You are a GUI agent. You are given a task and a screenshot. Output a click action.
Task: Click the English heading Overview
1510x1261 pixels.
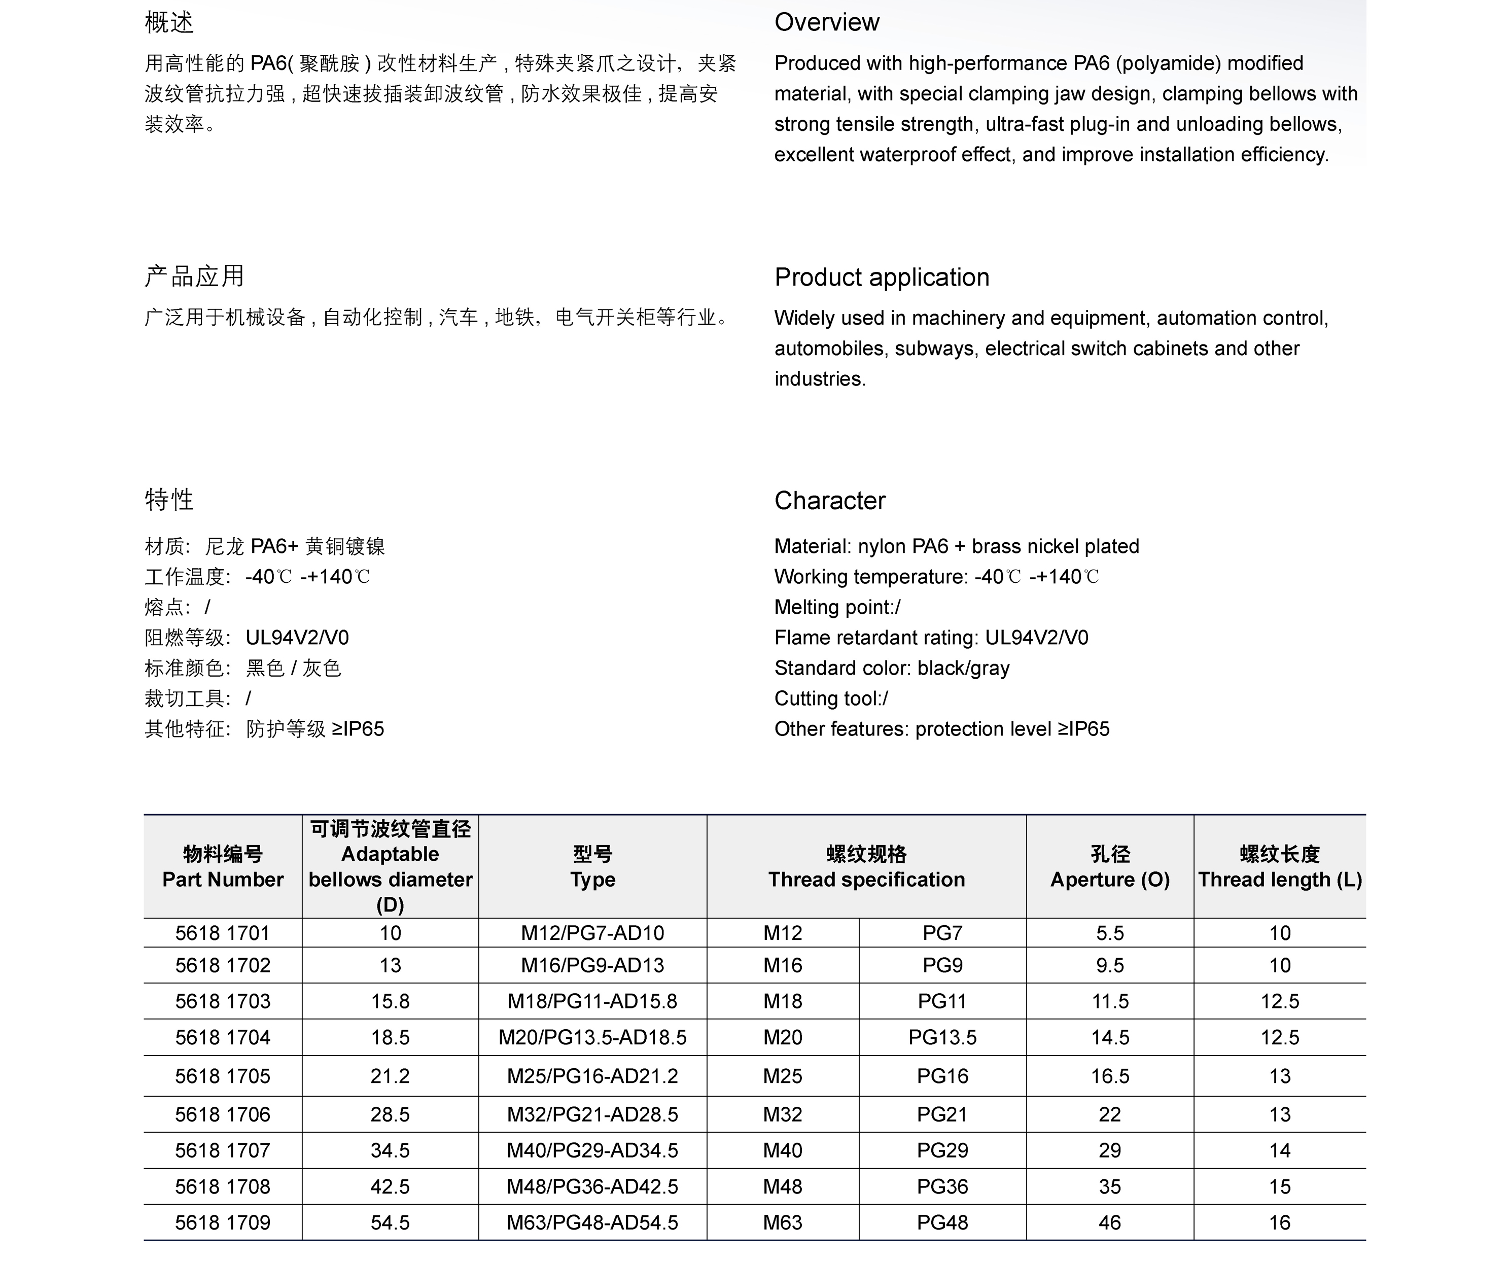[x=826, y=22]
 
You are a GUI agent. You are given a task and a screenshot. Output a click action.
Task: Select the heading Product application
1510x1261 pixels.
[x=882, y=277]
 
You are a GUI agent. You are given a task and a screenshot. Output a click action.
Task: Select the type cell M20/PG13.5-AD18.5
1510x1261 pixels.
[x=592, y=1037]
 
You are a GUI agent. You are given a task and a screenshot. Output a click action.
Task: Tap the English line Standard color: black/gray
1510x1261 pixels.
[x=892, y=668]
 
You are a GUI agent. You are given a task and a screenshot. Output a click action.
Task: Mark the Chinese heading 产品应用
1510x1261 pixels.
[x=194, y=276]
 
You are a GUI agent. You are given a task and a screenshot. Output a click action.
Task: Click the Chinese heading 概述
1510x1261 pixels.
[x=169, y=22]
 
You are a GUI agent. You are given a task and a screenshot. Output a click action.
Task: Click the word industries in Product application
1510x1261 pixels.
[x=819, y=379]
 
